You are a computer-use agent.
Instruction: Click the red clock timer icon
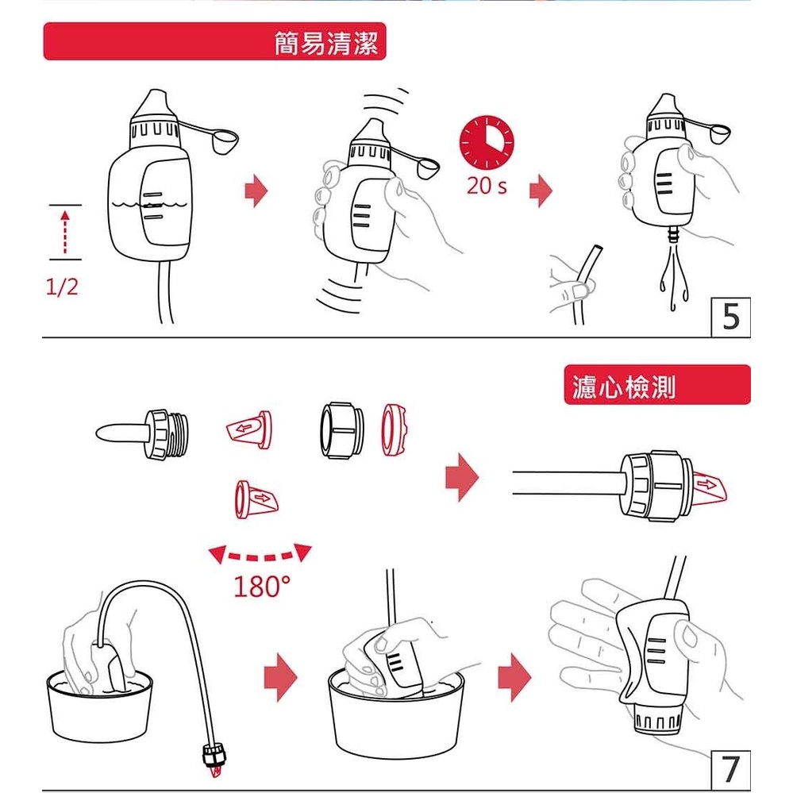(x=486, y=142)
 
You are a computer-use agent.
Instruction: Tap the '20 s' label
(x=487, y=186)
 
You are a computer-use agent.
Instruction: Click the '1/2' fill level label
(x=62, y=287)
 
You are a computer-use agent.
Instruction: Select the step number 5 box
(x=730, y=317)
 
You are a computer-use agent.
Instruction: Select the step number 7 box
(x=730, y=770)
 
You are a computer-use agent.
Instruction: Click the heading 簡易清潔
(x=326, y=43)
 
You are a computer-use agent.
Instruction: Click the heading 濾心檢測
(x=624, y=387)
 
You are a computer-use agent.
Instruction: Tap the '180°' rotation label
(x=261, y=586)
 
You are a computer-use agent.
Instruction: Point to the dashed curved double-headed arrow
(x=260, y=556)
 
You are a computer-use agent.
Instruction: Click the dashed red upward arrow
(x=65, y=232)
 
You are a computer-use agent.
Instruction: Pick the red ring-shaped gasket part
(x=394, y=429)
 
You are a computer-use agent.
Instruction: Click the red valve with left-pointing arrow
(x=248, y=429)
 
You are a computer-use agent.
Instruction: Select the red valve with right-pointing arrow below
(x=256, y=499)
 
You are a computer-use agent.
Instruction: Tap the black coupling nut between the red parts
(x=342, y=430)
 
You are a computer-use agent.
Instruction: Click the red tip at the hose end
(x=217, y=771)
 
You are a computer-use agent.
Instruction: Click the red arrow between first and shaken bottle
(x=256, y=191)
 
